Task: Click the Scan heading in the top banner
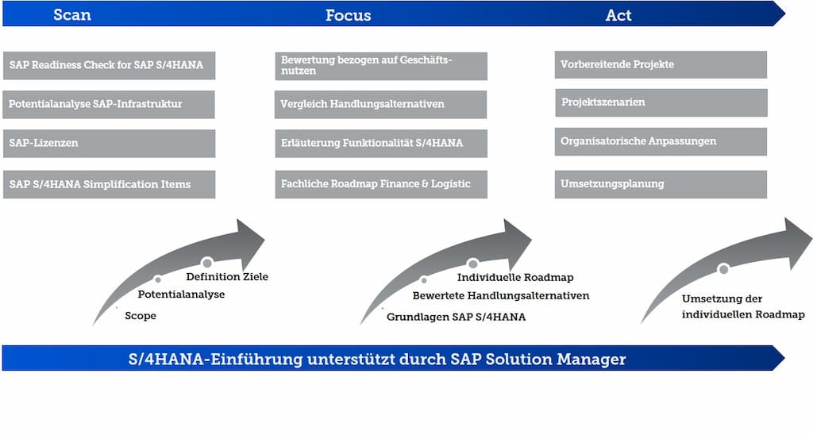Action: tap(72, 14)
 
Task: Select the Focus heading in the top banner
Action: tap(348, 15)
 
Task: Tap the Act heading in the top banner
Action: tap(618, 15)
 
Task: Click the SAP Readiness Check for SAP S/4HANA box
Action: tap(109, 65)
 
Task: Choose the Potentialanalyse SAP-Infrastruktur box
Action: tap(109, 104)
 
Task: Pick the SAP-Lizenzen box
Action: tap(109, 143)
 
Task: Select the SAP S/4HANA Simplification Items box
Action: tap(109, 184)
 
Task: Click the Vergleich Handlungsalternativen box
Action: tap(380, 104)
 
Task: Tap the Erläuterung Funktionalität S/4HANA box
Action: tap(381, 143)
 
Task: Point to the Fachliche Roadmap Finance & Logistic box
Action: tap(381, 184)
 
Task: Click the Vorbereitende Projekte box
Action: tap(661, 64)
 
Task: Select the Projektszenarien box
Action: tap(661, 102)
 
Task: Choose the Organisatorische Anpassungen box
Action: tap(661, 141)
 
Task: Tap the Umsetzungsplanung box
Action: tap(661, 184)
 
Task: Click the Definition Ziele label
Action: tap(227, 277)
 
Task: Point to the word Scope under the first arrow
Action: tap(140, 316)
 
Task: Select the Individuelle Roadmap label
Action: tap(515, 277)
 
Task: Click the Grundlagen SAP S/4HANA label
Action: tap(457, 317)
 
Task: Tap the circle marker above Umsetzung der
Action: tap(723, 268)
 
